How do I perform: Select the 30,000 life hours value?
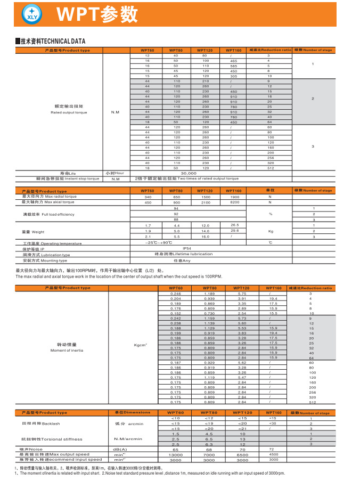(x=189, y=173)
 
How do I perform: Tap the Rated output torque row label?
(x=69, y=110)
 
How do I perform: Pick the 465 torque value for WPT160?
(x=233, y=61)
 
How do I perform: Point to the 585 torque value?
(x=233, y=66)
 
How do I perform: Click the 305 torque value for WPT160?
(x=233, y=76)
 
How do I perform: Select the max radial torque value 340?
(x=148, y=197)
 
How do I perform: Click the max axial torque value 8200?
(x=234, y=202)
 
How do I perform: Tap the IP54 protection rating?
(x=187, y=248)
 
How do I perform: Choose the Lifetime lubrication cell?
(x=183, y=254)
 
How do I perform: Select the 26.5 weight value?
(x=234, y=225)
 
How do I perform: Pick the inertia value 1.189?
(x=209, y=294)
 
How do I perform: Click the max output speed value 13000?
(x=175, y=454)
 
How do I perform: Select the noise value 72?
(x=273, y=449)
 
